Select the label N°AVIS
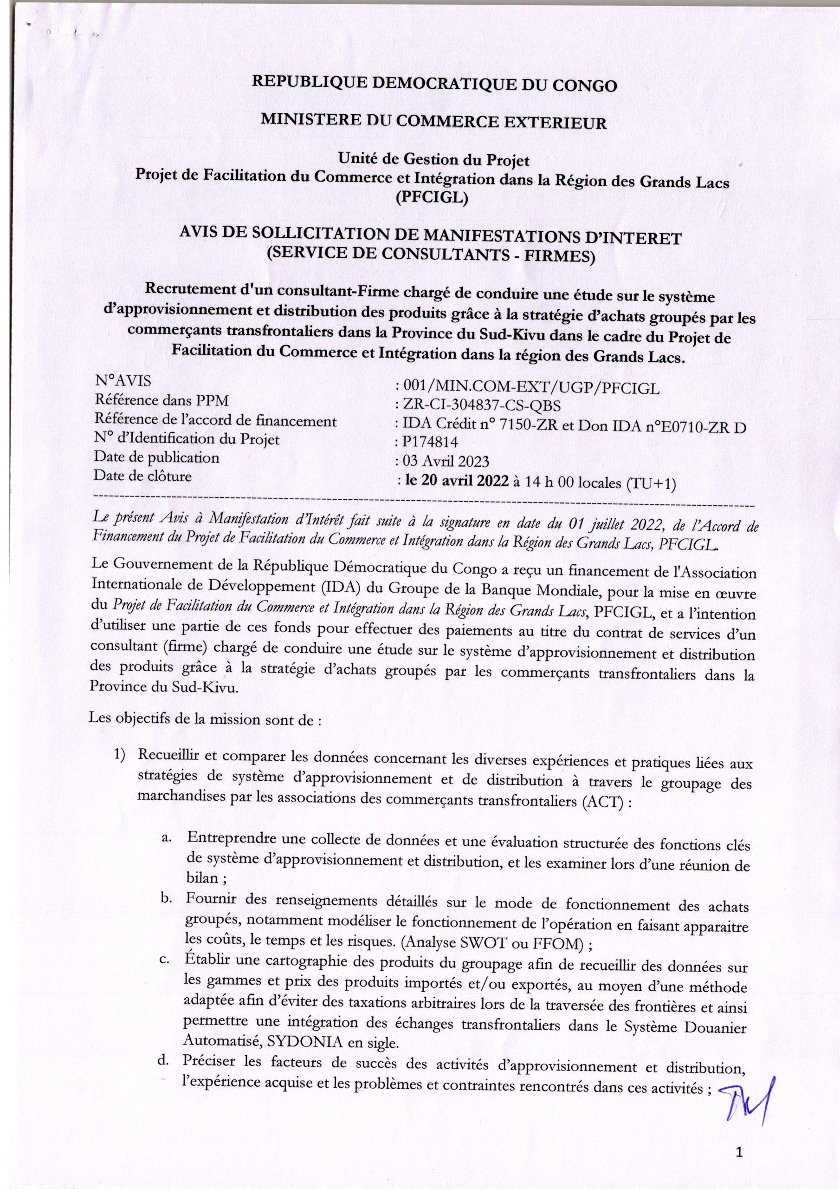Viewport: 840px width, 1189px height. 123,382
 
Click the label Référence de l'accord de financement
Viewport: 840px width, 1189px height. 215,420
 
